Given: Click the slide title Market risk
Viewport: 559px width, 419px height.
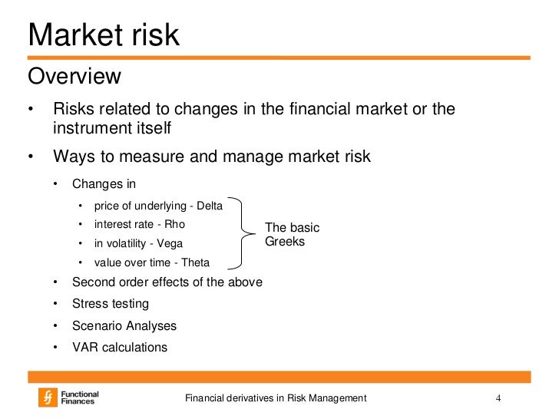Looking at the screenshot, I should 104,35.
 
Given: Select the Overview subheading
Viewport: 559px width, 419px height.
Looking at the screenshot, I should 74,77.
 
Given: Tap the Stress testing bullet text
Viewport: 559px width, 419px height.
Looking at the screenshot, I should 111,304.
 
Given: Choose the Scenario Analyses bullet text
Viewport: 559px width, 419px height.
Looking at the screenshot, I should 124,325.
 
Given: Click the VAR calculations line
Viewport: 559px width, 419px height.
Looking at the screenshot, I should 119,347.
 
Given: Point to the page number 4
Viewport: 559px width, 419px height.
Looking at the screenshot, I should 498,398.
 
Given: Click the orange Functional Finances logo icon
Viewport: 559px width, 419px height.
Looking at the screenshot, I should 48,398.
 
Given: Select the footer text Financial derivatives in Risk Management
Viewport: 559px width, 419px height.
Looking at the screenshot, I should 276,398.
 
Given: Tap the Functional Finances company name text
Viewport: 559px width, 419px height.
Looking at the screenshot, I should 81,398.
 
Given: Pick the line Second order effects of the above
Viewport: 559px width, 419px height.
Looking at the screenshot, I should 167,282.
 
